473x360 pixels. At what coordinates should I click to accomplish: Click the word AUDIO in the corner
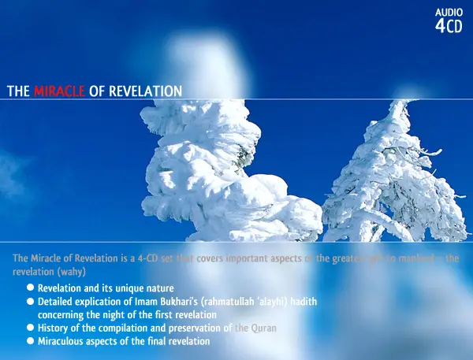[x=449, y=13]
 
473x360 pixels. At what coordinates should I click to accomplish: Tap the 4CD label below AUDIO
[x=449, y=26]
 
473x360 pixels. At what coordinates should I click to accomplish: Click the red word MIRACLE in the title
[x=60, y=91]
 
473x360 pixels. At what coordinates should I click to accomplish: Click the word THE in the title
[x=18, y=91]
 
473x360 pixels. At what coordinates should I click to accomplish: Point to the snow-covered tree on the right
[x=385, y=177]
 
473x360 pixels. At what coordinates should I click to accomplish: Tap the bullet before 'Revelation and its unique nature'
[x=30, y=288]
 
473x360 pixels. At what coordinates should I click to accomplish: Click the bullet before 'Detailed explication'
[x=30, y=302]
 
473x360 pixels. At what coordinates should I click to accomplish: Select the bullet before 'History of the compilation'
[x=30, y=327]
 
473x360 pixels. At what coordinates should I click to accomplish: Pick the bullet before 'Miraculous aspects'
[x=30, y=340]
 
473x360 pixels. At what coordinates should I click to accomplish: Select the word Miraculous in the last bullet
[x=62, y=340]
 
